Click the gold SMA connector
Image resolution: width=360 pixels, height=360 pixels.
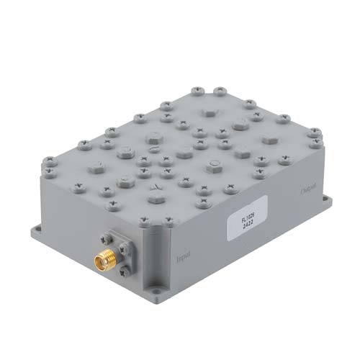coord(100,258)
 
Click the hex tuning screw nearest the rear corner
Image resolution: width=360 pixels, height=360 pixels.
coord(209,112)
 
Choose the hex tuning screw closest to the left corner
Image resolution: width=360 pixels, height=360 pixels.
coord(96,165)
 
